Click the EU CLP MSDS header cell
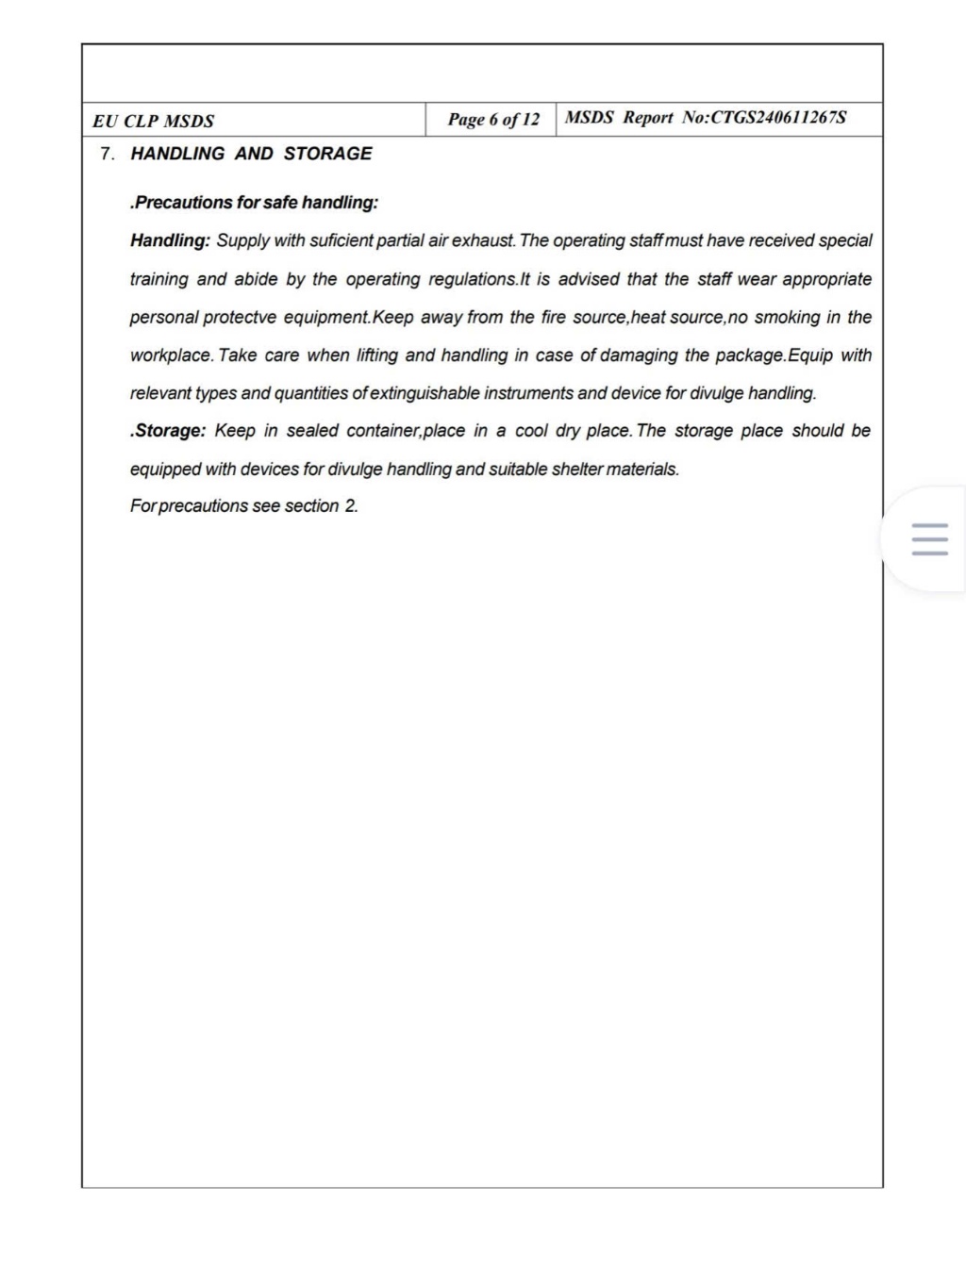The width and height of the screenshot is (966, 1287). point(154,121)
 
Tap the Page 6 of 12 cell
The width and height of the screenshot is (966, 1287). point(493,120)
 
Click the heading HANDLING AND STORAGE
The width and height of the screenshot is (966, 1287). point(251,154)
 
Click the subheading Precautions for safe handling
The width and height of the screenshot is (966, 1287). point(255,203)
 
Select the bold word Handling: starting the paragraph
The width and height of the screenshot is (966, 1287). point(170,241)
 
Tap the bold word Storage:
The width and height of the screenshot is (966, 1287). point(168,431)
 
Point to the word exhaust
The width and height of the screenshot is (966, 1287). point(483,241)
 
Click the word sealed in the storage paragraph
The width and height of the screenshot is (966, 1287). point(312,431)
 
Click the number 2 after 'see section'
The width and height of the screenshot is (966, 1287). point(350,506)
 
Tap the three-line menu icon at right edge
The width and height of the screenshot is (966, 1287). point(930,539)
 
